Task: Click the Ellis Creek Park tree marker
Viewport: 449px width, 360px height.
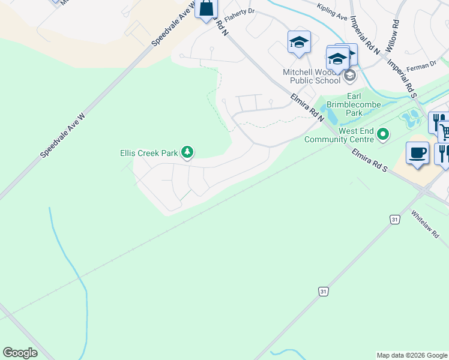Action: click(187, 153)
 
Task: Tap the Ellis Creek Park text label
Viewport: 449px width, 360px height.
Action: click(149, 154)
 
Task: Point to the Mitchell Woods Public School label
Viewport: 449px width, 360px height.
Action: click(312, 76)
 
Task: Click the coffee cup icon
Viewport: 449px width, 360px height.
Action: click(417, 153)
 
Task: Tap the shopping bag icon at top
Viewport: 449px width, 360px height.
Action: click(205, 8)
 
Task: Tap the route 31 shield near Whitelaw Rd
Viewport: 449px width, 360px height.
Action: click(394, 220)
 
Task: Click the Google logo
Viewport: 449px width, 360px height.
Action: click(20, 353)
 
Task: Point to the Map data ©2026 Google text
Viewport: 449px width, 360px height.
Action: click(412, 355)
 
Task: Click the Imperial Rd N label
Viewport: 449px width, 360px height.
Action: click(365, 35)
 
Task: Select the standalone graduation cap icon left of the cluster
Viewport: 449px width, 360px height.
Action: click(298, 42)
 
